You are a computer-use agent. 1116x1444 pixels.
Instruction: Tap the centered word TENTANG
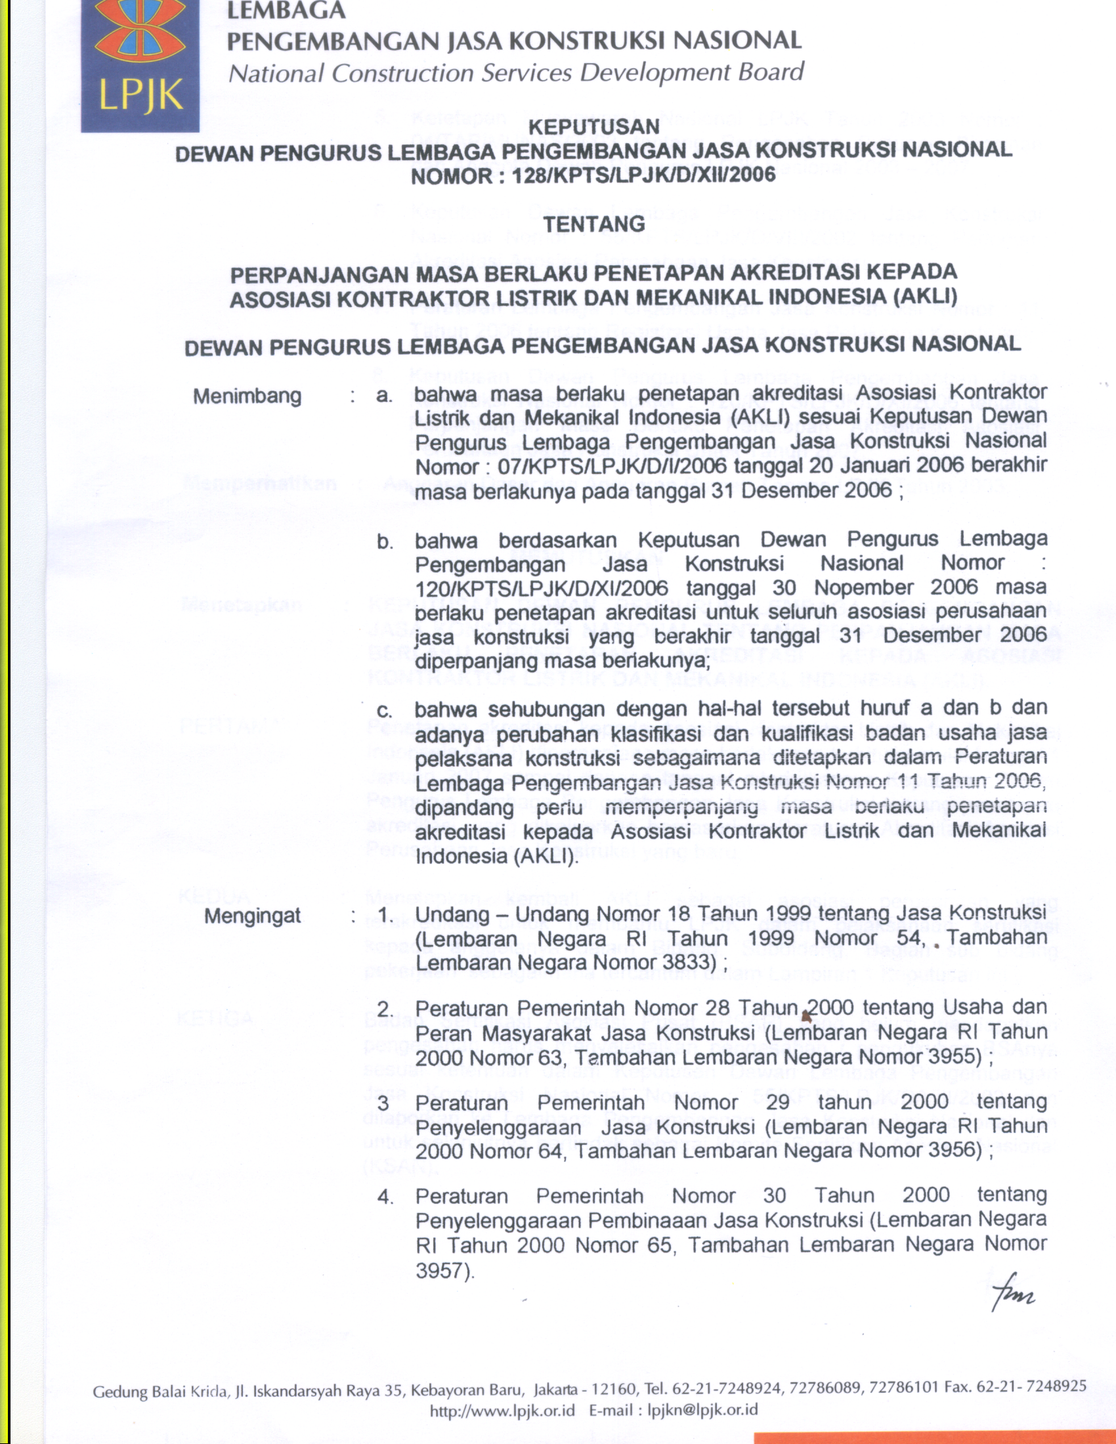pos(593,224)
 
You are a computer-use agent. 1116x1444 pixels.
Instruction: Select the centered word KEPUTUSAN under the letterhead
pos(594,126)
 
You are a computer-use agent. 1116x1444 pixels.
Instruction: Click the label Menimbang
pos(247,396)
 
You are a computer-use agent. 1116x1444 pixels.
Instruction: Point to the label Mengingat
pos(252,916)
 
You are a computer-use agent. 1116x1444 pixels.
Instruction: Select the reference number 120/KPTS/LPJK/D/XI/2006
pos(542,588)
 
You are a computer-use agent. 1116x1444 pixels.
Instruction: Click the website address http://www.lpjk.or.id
pos(502,1411)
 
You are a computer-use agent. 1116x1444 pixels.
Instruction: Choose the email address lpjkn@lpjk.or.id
pos(702,1411)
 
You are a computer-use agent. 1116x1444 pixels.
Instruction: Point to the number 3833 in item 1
pos(689,963)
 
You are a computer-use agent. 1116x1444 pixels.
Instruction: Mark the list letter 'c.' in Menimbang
pos(384,711)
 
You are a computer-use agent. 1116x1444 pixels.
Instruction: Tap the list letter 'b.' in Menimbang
pos(385,542)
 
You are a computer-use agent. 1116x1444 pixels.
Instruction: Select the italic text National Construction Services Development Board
pos(516,72)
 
